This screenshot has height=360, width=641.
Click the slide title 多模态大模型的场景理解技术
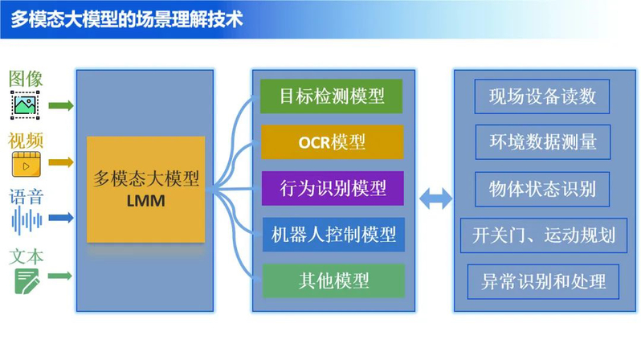[x=127, y=19]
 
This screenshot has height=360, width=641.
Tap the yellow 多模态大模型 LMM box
[x=146, y=190]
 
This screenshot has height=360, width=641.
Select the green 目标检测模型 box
[x=332, y=96]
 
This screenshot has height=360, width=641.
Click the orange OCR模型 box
[x=332, y=142]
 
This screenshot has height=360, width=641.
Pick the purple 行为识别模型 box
[x=333, y=188]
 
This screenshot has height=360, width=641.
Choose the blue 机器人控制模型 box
[x=333, y=235]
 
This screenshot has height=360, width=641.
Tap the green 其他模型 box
[x=333, y=280]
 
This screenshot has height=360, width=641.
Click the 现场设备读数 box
[x=542, y=96]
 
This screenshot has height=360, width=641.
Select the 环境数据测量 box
[x=543, y=142]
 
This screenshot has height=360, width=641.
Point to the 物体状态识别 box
[x=542, y=189]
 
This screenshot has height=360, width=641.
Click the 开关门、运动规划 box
[x=544, y=235]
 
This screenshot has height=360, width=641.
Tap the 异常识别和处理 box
[x=543, y=282]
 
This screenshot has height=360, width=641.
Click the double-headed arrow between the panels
[x=436, y=198]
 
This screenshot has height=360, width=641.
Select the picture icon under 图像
[x=25, y=105]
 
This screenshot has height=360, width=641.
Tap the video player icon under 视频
[x=27, y=164]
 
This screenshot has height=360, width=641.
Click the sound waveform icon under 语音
[x=27, y=220]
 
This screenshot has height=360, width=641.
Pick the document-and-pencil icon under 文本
[x=27, y=281]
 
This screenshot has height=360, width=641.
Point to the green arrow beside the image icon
[x=61, y=105]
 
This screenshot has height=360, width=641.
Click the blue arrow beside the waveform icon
[x=61, y=217]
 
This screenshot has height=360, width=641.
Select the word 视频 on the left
[x=26, y=141]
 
